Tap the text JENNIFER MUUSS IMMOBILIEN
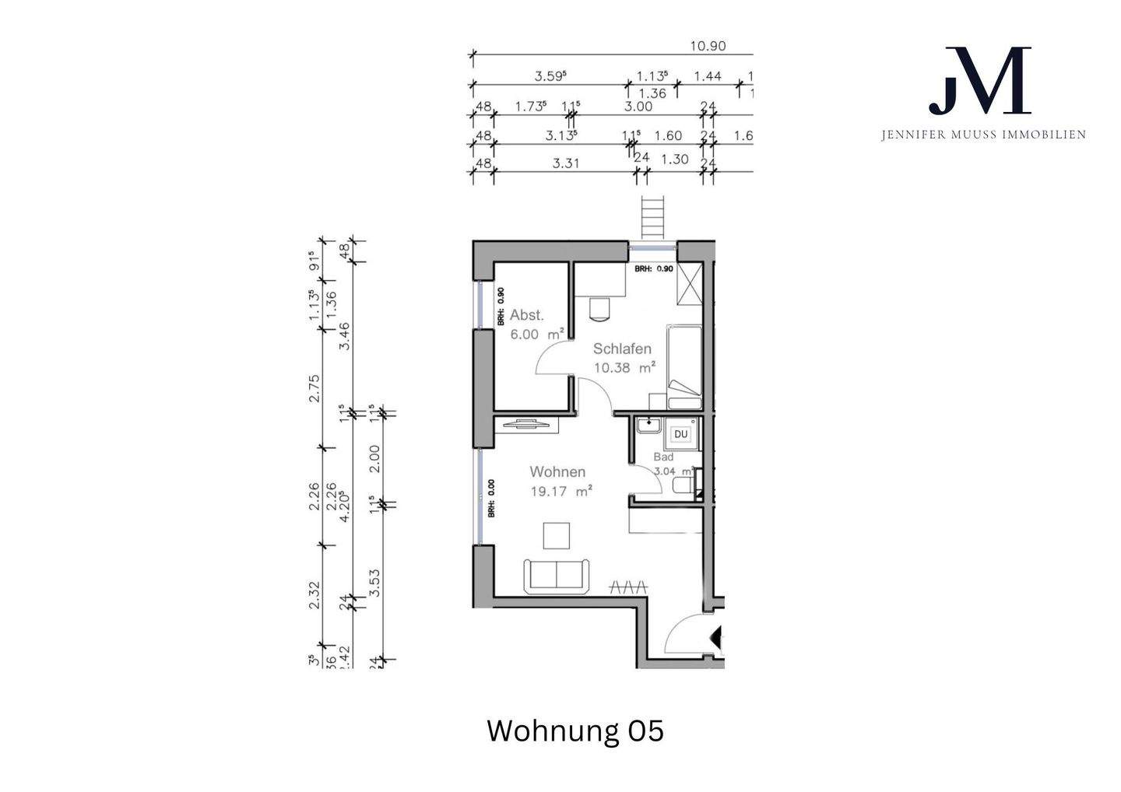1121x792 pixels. pos(982,135)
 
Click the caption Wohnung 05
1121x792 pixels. pos(575,731)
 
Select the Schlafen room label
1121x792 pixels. pos(622,349)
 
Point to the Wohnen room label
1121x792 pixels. pos(557,471)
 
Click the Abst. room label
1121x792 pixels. pos(527,315)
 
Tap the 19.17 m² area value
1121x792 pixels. pos(560,491)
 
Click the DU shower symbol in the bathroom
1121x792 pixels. pos(681,433)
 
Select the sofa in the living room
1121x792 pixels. pos(557,575)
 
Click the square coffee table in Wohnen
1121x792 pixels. pos(557,536)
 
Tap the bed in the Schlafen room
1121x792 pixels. pos(686,366)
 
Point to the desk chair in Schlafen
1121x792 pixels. pos(600,308)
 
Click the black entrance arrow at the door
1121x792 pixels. pos(717,638)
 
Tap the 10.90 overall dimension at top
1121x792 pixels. pos(708,46)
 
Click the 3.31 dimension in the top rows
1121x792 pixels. pos(565,163)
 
